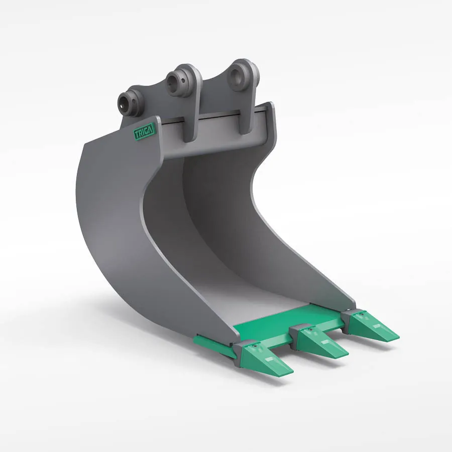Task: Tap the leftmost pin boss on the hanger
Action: pos(129,100)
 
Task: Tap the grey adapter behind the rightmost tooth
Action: pos(352,315)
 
